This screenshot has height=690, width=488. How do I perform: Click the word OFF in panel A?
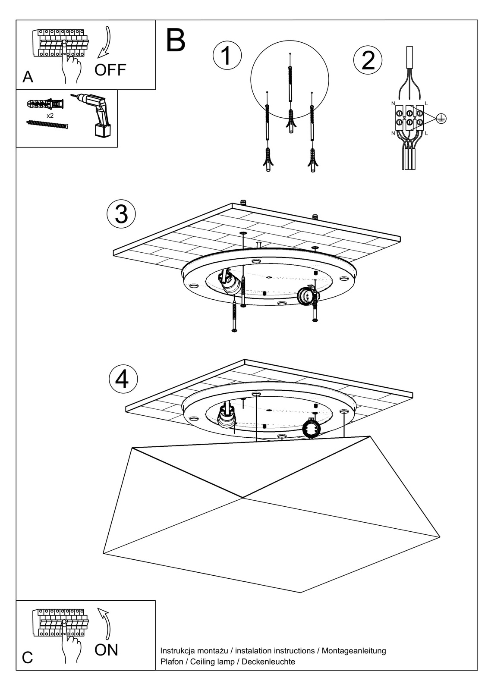[x=110, y=70]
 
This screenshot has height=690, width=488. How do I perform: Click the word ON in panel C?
[x=106, y=649]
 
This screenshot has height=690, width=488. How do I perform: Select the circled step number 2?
[x=368, y=60]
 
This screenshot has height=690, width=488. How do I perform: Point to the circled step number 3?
[x=121, y=214]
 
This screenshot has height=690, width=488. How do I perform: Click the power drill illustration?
[x=96, y=114]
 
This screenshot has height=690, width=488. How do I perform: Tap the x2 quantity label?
[x=50, y=116]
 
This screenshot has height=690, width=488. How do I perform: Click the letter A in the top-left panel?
[x=28, y=77]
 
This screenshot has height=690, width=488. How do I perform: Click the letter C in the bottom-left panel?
[x=27, y=658]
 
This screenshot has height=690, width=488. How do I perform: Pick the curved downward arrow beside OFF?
[x=104, y=42]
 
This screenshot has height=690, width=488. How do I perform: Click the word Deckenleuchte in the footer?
[x=268, y=662]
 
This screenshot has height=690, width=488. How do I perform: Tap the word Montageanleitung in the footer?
[x=354, y=651]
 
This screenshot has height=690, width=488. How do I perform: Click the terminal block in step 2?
[x=409, y=117]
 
